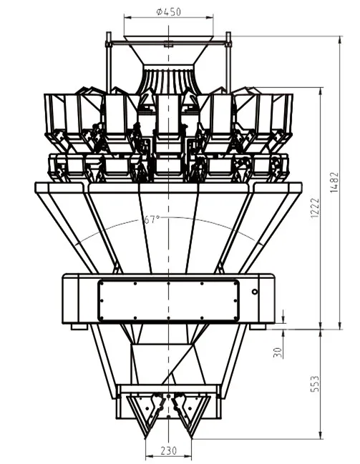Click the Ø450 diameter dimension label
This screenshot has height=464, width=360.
click(x=168, y=12)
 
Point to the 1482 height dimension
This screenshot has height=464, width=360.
click(x=334, y=182)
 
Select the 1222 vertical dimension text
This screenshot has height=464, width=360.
click(x=315, y=208)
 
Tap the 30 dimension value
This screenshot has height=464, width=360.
click(x=277, y=352)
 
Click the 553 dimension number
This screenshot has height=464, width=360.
click(x=315, y=384)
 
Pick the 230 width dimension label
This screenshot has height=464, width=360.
click(x=169, y=450)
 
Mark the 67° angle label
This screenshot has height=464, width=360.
click(x=152, y=219)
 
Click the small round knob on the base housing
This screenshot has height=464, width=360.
click(x=255, y=292)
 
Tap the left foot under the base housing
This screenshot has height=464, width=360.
click(x=79, y=327)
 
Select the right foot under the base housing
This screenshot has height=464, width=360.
click(x=258, y=327)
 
